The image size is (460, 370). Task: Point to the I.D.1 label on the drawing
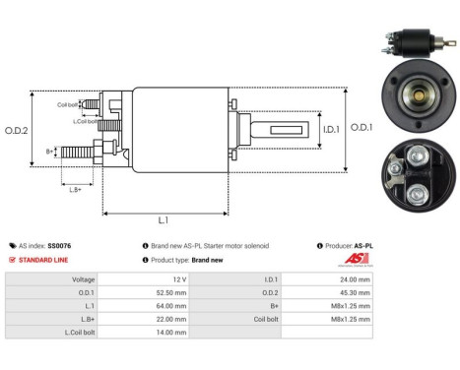[331, 127]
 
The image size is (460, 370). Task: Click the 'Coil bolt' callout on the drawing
[68, 103]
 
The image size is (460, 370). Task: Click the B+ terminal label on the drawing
[50, 151]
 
